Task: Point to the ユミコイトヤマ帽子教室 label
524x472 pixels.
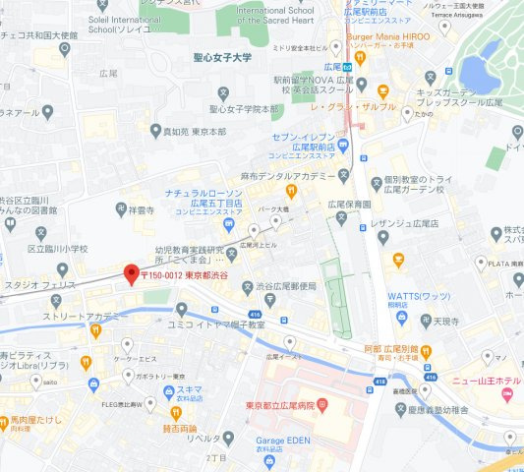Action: [217, 324]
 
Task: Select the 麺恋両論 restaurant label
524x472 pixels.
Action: [180, 428]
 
